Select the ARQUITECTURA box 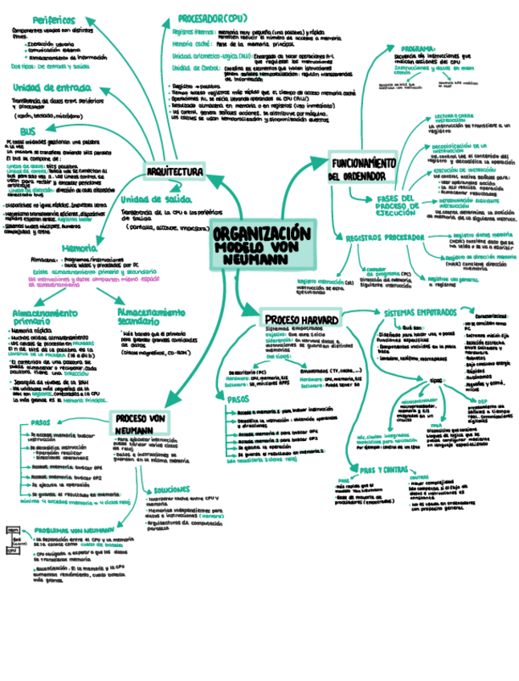tap(176, 172)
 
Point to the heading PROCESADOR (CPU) tap(212, 17)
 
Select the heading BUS tap(27, 131)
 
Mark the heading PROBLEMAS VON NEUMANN tap(75, 530)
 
